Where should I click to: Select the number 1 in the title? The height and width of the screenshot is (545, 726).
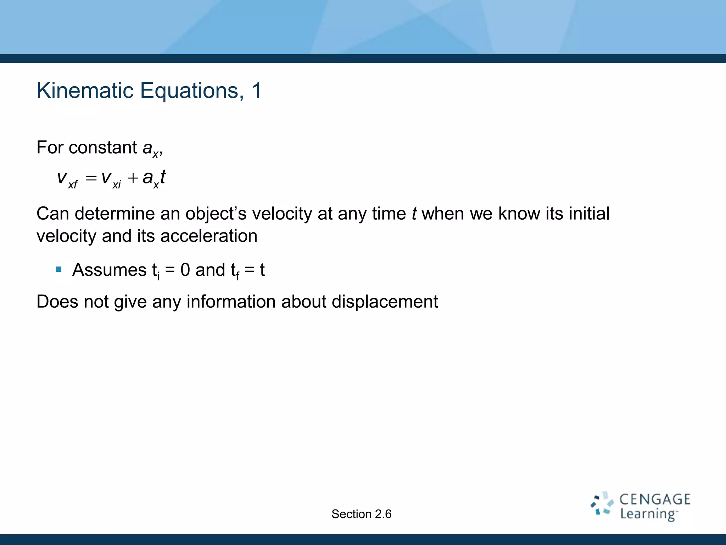(257, 91)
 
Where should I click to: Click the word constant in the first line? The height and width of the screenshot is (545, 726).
(103, 148)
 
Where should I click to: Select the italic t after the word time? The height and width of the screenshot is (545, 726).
(414, 214)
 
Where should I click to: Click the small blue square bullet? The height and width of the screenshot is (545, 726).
(59, 270)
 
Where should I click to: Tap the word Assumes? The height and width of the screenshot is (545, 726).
(109, 270)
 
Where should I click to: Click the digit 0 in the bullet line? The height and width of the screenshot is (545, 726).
(185, 270)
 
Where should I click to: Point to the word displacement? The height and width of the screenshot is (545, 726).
(385, 302)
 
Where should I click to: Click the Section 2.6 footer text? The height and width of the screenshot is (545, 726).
(361, 514)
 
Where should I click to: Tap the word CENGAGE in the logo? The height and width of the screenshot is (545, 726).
(655, 500)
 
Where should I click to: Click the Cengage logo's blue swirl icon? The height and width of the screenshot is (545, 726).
(602, 503)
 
